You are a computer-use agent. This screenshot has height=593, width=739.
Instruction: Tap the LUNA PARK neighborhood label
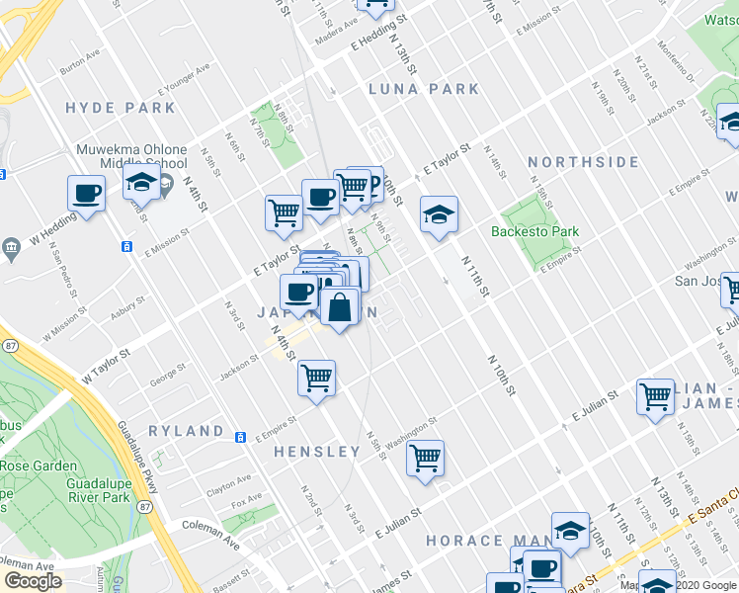pyautogui.click(x=424, y=89)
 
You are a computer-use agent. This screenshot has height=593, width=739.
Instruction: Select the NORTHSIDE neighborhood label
pyautogui.click(x=583, y=162)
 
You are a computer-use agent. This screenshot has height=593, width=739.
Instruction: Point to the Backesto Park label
pyautogui.click(x=534, y=232)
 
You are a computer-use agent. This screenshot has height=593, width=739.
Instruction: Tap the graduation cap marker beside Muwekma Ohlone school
pyautogui.click(x=141, y=183)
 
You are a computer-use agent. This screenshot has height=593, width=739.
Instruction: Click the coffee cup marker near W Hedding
pyautogui.click(x=86, y=194)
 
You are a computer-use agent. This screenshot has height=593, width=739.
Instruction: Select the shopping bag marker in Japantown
pyautogui.click(x=339, y=307)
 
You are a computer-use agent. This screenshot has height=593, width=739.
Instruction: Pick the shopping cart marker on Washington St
pyautogui.click(x=425, y=459)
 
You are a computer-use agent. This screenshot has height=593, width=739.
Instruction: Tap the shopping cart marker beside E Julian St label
pyautogui.click(x=655, y=397)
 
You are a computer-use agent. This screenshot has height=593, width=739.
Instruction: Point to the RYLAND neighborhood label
pyautogui.click(x=186, y=431)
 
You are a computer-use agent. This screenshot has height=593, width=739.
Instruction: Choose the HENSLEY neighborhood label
pyautogui.click(x=316, y=452)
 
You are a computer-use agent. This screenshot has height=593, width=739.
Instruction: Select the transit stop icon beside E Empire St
pyautogui.click(x=240, y=437)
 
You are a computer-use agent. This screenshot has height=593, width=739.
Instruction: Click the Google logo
pyautogui.click(x=33, y=581)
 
